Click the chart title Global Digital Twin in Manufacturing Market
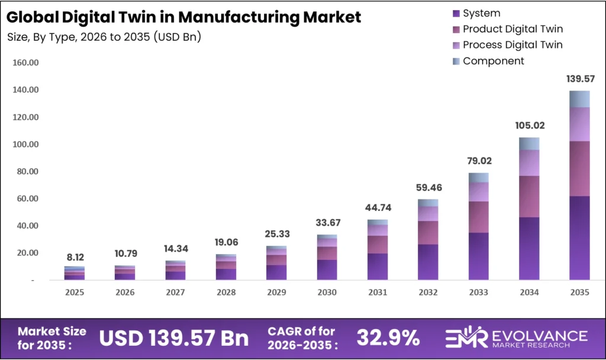pyautogui.click(x=184, y=17)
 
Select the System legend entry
pyautogui.click(x=481, y=13)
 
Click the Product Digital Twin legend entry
pyautogui.click(x=512, y=29)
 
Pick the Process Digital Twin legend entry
pyautogui.click(x=512, y=45)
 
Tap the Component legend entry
pyautogui.click(x=493, y=61)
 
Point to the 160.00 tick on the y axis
pyautogui.click(x=24, y=63)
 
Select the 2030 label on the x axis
pyautogui.click(x=327, y=292)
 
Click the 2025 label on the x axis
pyautogui.click(x=75, y=292)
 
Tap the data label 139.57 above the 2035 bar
pyautogui.click(x=579, y=79)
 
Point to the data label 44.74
pyautogui.click(x=377, y=207)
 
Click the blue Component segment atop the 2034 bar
pyautogui.click(x=528, y=143)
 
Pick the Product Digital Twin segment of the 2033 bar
pyautogui.click(x=478, y=217)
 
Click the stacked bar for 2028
pyautogui.click(x=226, y=267)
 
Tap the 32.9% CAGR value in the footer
pyautogui.click(x=388, y=337)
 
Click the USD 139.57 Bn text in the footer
pyautogui.click(x=173, y=337)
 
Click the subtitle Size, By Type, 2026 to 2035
pyautogui.click(x=104, y=37)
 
